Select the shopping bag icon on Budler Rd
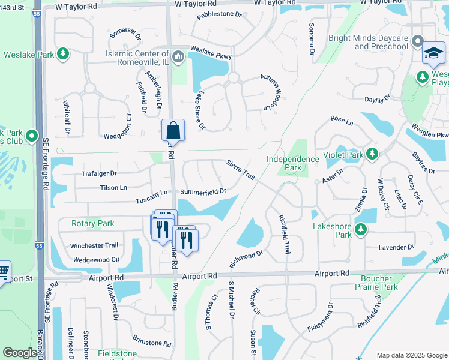coord(173,130)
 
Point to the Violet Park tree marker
coord(372,155)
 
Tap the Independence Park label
coord(293,163)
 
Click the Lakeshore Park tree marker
coord(360,229)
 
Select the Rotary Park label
coord(92,224)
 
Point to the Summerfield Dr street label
coord(203,191)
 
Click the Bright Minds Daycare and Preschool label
coord(368,42)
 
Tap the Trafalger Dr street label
coord(99,173)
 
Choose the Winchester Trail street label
coord(94,245)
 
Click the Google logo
coord(20,353)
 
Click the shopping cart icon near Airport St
coord(4,272)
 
